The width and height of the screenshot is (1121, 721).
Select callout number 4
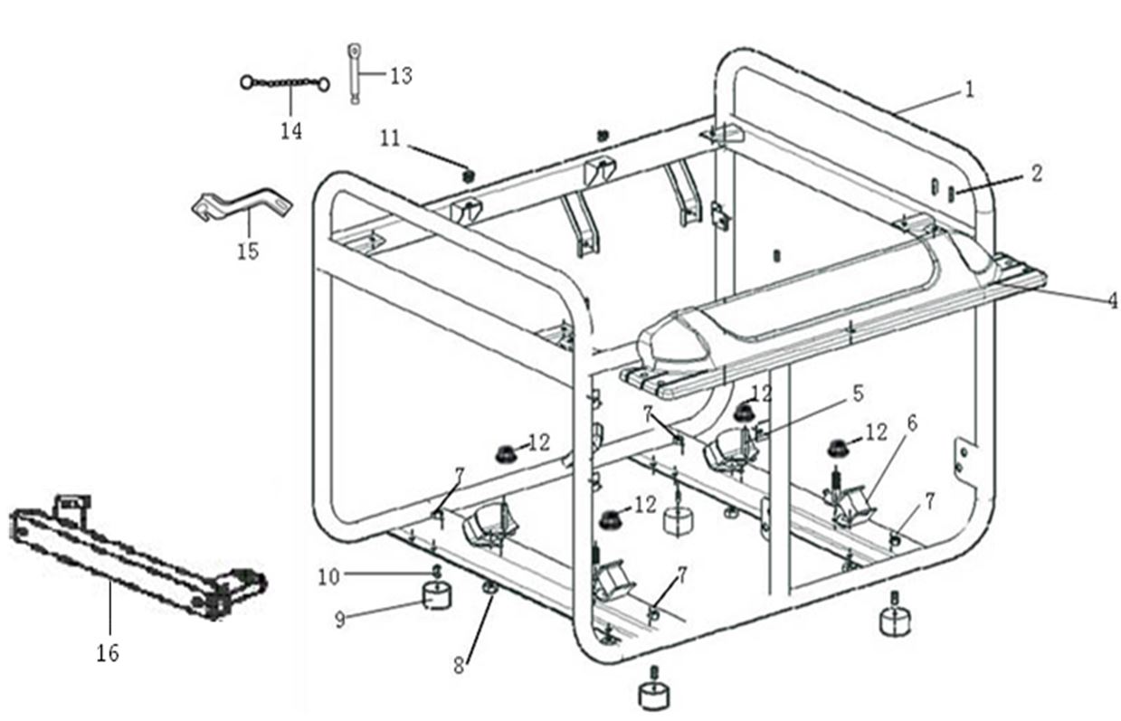[x=1111, y=300]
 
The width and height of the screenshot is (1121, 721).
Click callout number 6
[x=911, y=422]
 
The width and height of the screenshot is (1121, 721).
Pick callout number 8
[x=459, y=665]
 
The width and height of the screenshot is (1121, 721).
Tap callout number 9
[x=340, y=620]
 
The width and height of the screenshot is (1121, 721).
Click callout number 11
[x=390, y=138]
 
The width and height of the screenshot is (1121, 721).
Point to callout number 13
[x=401, y=75]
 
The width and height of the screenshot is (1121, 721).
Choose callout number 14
[x=290, y=130]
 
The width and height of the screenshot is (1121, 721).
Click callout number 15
[x=248, y=251]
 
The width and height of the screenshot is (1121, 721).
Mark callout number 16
[x=108, y=652]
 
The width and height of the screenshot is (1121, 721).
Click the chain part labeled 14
[x=285, y=84]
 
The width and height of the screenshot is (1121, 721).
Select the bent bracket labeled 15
[x=242, y=203]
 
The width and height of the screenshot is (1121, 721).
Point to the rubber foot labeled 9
[x=438, y=595]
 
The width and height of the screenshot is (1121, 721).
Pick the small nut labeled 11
[x=468, y=175]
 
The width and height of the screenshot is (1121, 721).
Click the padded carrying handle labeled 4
[x=814, y=299]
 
